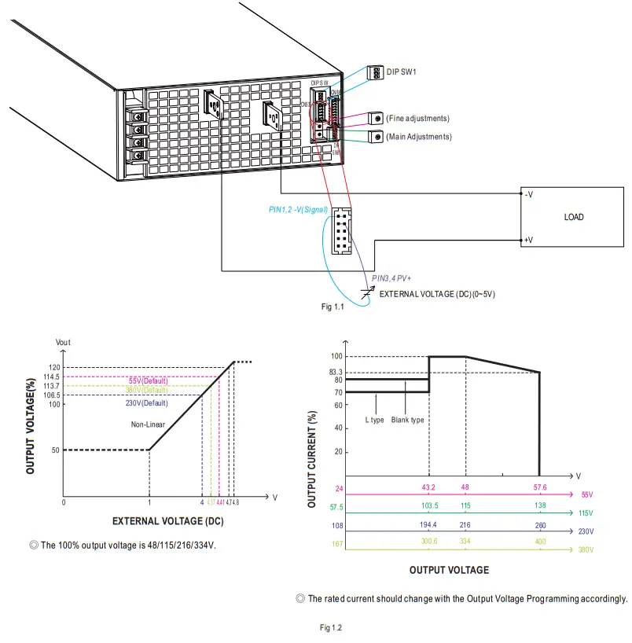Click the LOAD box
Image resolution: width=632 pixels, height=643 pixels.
pos(574,217)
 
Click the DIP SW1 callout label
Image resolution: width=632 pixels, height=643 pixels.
pos(401,72)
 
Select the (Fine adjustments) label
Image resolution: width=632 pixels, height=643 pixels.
pos(417,118)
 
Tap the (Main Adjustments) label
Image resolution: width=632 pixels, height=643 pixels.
pos(418,137)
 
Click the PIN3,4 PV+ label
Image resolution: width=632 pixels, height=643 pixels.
pos(392,277)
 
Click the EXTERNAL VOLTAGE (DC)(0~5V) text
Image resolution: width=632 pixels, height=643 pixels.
pos(437,294)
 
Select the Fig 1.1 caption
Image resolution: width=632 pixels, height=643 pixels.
pos(333,307)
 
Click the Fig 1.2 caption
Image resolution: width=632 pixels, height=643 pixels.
pos(331,627)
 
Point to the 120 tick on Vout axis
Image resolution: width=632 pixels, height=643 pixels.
pos(53,368)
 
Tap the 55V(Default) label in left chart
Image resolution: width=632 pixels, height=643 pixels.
pos(148,380)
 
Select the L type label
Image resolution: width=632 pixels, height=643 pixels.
pos(374,420)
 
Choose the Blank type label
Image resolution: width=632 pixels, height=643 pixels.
pos(407,420)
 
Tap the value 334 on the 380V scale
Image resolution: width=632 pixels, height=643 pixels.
pos(465,541)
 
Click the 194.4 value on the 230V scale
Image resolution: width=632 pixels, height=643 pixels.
pos(428,523)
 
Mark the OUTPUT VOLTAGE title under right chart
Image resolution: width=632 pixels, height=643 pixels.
pos(449,570)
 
